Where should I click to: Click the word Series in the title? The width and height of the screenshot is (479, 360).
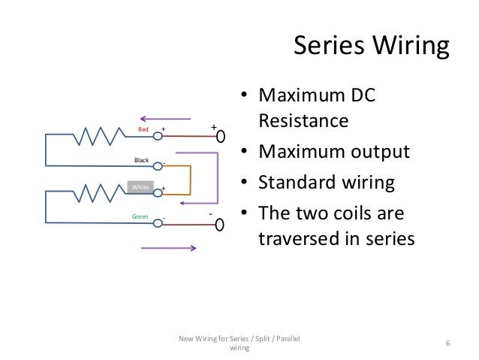(x=326, y=47)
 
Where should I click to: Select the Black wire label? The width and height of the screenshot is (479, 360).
(x=142, y=160)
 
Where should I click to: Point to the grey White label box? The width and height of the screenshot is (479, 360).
(x=140, y=186)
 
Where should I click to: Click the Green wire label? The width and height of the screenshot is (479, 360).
(x=140, y=217)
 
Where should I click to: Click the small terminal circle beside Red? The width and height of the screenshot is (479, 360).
(x=158, y=137)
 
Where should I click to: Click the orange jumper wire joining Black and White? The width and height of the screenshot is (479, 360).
(x=190, y=179)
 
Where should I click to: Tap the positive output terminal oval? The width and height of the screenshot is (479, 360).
(x=220, y=137)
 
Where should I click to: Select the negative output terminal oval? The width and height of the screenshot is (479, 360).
(x=220, y=225)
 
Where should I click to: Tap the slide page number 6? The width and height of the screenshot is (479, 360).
(x=447, y=343)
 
